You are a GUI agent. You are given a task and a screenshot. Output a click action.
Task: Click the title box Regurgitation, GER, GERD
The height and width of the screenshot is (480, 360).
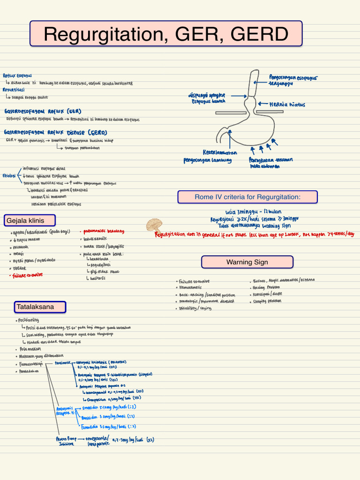tap(166, 34)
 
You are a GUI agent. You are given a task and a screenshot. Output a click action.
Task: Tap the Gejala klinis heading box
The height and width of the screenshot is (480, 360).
tap(30, 220)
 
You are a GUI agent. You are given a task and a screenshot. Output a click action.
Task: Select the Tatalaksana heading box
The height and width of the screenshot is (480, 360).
tap(40, 307)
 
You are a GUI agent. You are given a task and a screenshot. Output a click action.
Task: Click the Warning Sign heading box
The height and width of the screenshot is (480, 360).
tap(247, 262)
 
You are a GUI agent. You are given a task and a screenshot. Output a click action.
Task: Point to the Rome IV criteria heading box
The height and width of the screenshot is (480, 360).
tap(247, 197)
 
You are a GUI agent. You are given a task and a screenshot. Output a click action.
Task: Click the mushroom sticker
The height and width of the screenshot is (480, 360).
tap(154, 225)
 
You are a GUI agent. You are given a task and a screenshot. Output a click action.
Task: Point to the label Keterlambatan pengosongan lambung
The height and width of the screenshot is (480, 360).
tap(209, 157)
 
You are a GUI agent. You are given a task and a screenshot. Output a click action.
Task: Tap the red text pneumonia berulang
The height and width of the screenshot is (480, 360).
tap(104, 231)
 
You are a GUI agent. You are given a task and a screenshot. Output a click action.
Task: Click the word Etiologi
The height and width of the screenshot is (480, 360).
tap(9, 175)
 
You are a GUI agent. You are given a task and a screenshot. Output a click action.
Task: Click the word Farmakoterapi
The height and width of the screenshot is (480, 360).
tap(29, 364)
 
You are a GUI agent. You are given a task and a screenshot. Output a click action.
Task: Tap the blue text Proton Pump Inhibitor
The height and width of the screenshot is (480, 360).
tap(65, 441)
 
